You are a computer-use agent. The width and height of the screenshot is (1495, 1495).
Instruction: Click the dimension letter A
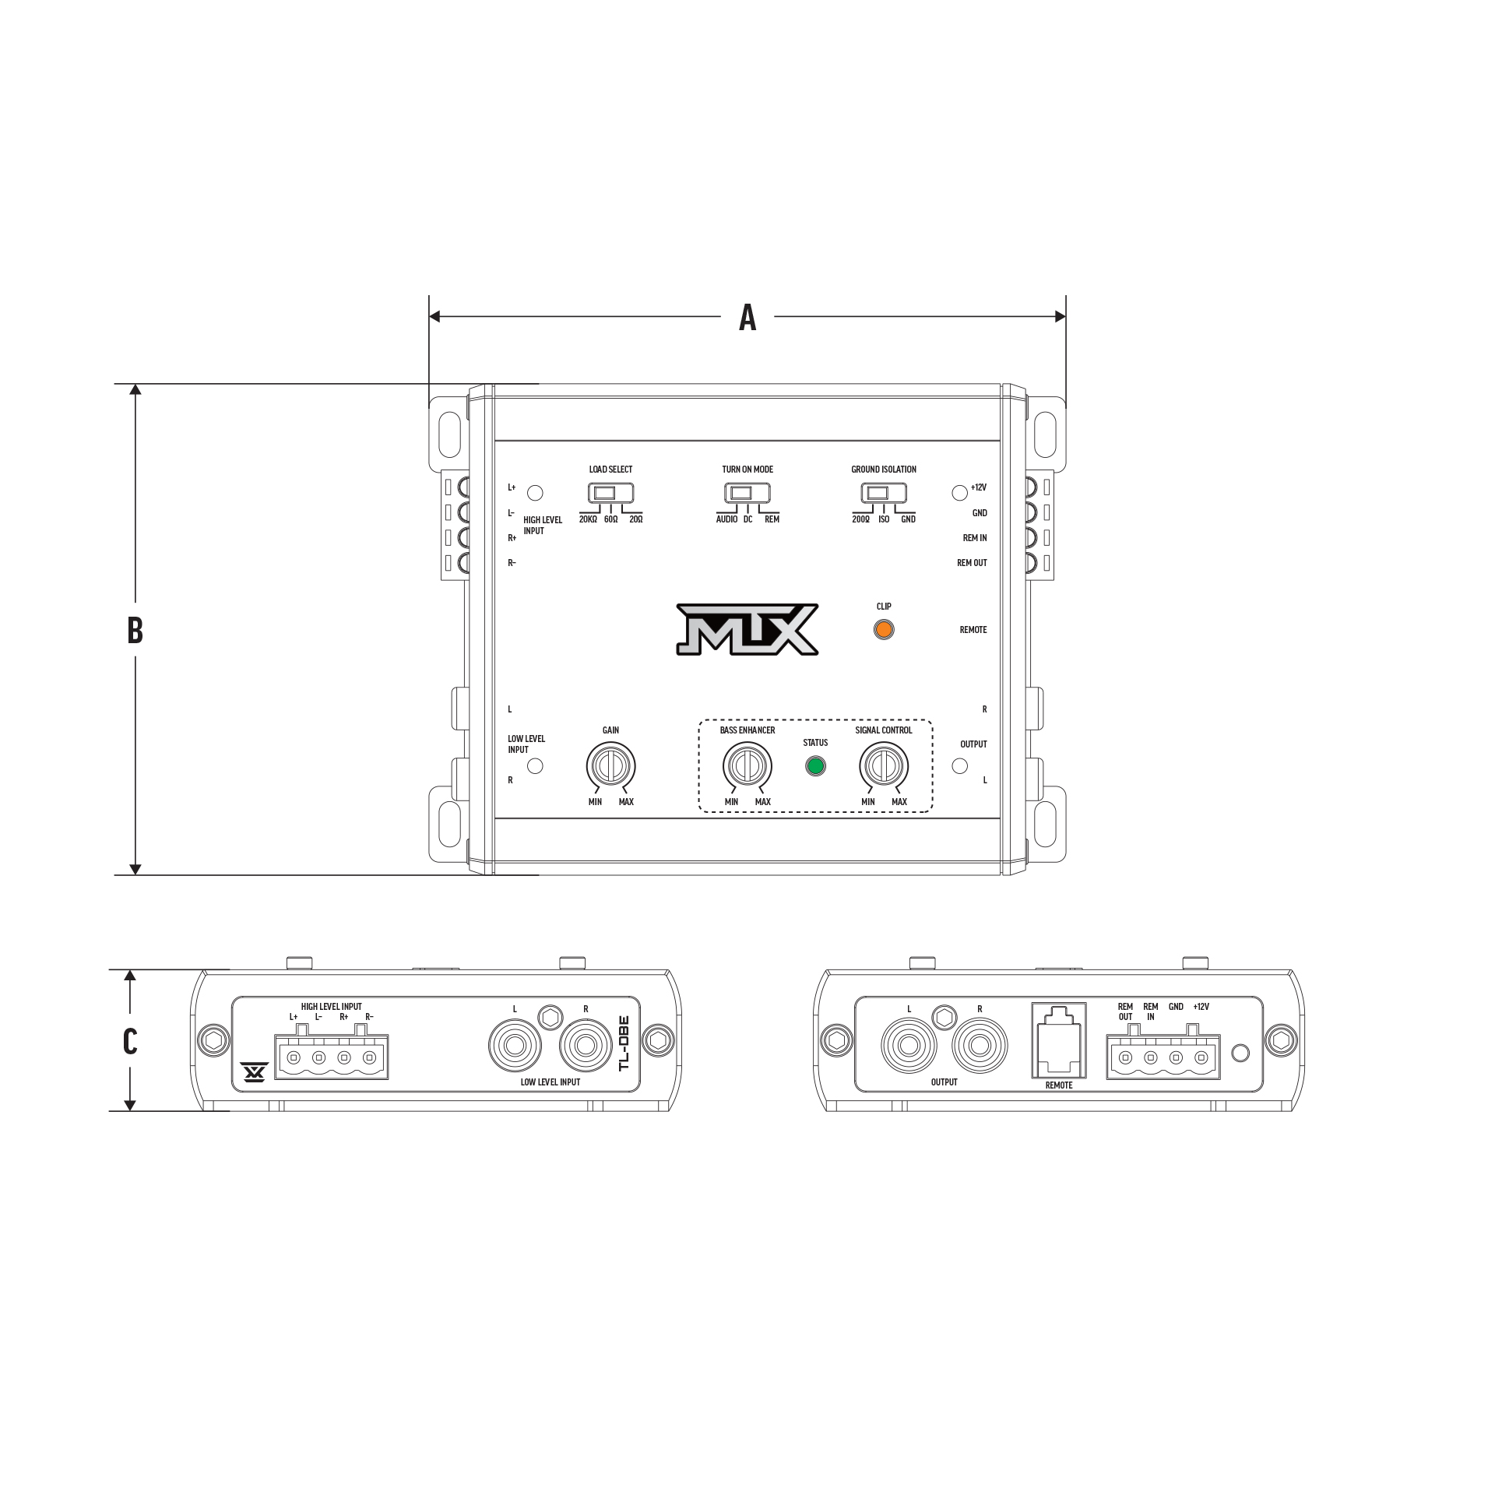pyautogui.click(x=747, y=317)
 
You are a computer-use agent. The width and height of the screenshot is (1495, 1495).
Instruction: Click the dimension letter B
pyautogui.click(x=135, y=630)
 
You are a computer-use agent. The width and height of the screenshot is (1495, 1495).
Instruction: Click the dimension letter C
pyautogui.click(x=130, y=1041)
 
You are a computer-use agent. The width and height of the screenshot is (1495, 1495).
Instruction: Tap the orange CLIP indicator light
pyautogui.click(x=883, y=630)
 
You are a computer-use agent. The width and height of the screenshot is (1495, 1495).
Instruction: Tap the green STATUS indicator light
pyautogui.click(x=815, y=766)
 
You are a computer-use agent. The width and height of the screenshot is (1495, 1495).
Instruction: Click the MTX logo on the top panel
pyautogui.click(x=746, y=628)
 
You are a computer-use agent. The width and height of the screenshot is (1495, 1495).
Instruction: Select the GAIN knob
pyautogui.click(x=610, y=766)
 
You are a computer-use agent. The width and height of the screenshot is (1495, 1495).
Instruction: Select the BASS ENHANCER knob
pyautogui.click(x=747, y=766)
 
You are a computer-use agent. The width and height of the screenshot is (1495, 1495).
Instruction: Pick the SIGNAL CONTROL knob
pyautogui.click(x=883, y=766)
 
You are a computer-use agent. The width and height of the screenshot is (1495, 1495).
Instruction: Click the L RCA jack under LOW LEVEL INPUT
pyautogui.click(x=514, y=1046)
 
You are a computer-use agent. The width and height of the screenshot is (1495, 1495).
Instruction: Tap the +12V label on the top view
pyautogui.click(x=979, y=487)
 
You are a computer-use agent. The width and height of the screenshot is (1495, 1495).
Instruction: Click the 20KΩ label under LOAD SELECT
pyautogui.click(x=588, y=519)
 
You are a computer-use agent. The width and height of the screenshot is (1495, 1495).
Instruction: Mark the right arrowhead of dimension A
pyautogui.click(x=1060, y=316)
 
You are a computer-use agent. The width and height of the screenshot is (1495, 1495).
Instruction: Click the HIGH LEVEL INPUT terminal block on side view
pyautogui.click(x=331, y=1058)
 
